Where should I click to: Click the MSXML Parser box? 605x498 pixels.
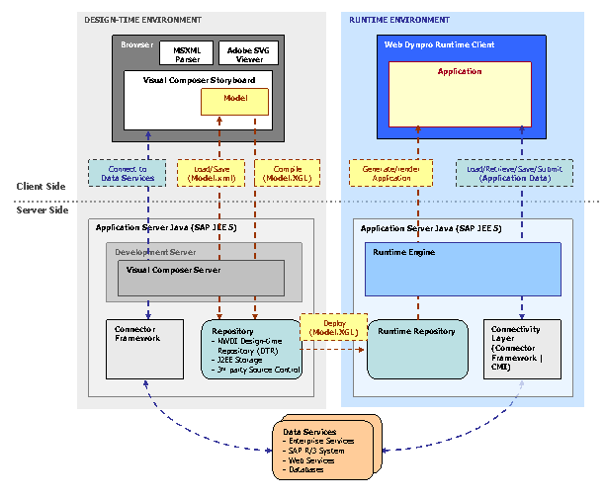pos(187,52)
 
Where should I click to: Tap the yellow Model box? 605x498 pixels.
pos(234,101)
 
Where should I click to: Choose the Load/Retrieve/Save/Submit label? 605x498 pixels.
pos(513,173)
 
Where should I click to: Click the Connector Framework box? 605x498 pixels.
pos(144,348)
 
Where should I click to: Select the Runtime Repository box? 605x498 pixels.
pos(416,348)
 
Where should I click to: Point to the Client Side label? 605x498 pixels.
pos(42,186)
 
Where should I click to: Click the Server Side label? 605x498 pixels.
pos(42,210)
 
